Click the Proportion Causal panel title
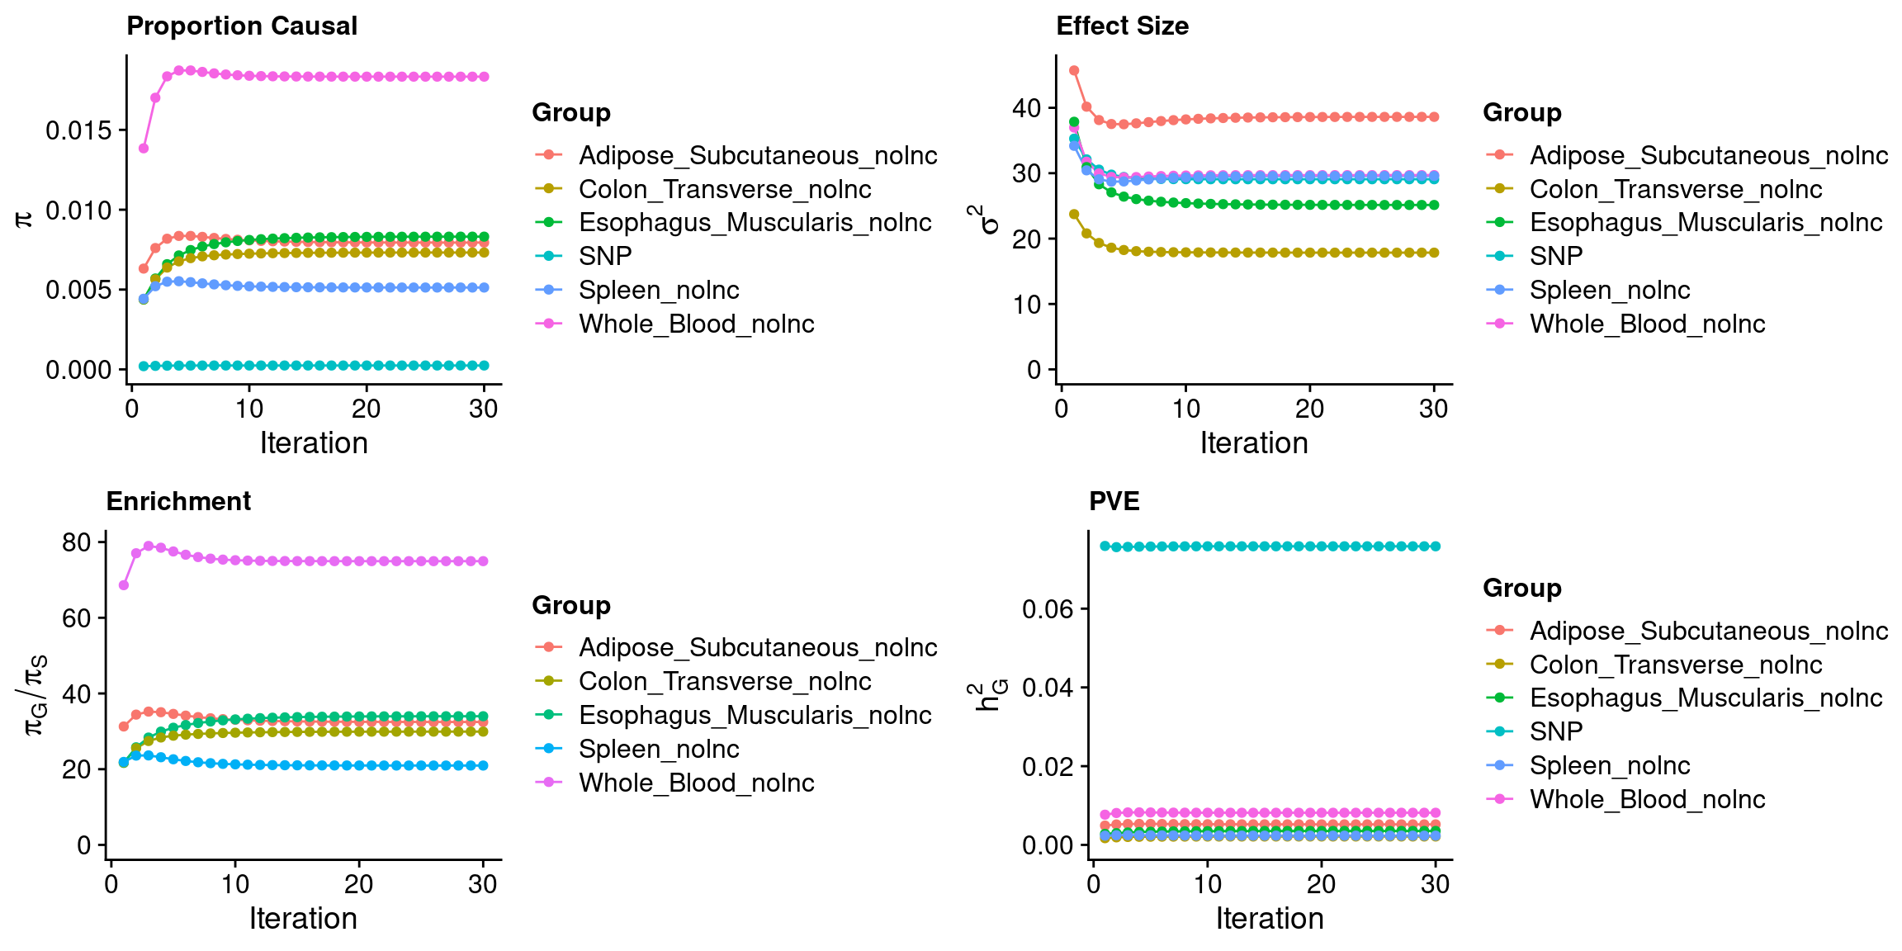pyautogui.click(x=242, y=26)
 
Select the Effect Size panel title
pyautogui.click(x=1122, y=26)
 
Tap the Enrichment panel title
pyautogui.click(x=178, y=502)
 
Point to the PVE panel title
pyautogui.click(x=1114, y=502)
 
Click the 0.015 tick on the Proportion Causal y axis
pyautogui.click(x=78, y=130)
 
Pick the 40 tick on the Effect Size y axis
pyautogui.click(x=1027, y=108)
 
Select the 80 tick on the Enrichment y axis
pyautogui.click(x=76, y=542)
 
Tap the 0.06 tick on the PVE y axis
pyautogui.click(x=1048, y=609)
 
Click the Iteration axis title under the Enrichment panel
pyautogui.click(x=303, y=919)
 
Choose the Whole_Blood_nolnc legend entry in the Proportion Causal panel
pyautogui.click(x=696, y=324)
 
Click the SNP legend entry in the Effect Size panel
pyautogui.click(x=1555, y=257)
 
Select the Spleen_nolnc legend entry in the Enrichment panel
pyautogui.click(x=658, y=750)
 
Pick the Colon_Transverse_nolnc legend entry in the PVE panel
pyautogui.click(x=1675, y=665)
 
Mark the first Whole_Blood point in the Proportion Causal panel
pyautogui.click(x=144, y=149)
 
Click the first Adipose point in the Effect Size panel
pyautogui.click(x=1074, y=71)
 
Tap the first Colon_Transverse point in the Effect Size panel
pyautogui.click(x=1074, y=215)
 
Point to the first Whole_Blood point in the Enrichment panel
pyautogui.click(x=124, y=585)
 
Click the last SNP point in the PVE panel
pyautogui.click(x=1436, y=546)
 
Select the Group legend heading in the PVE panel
pyautogui.click(x=1521, y=589)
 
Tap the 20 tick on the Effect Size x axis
pyautogui.click(x=1309, y=409)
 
